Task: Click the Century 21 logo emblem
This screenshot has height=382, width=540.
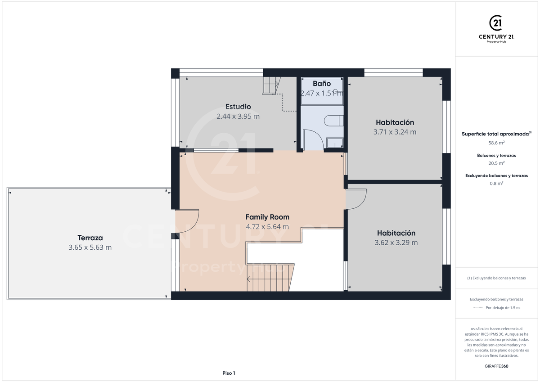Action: [496, 23]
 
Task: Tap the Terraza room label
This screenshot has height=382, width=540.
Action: [90, 238]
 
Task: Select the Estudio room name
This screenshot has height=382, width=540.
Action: [238, 107]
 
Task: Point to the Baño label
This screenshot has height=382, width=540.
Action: [322, 84]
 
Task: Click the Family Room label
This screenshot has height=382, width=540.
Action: [267, 217]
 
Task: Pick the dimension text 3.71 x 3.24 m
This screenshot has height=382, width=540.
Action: [395, 132]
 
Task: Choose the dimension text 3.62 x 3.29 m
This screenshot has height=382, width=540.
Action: [396, 243]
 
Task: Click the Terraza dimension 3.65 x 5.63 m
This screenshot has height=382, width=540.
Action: [90, 247]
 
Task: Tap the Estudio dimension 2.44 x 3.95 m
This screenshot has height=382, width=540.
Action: [238, 117]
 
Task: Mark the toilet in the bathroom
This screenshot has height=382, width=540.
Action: [333, 121]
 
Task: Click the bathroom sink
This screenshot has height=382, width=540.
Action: [335, 143]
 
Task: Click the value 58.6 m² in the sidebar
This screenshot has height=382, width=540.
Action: [496, 143]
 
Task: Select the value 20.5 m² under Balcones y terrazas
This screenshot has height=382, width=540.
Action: [496, 163]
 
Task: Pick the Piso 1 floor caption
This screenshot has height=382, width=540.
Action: [229, 373]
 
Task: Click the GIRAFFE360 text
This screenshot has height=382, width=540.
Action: [496, 366]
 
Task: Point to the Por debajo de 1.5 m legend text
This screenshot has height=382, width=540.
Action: [503, 307]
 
